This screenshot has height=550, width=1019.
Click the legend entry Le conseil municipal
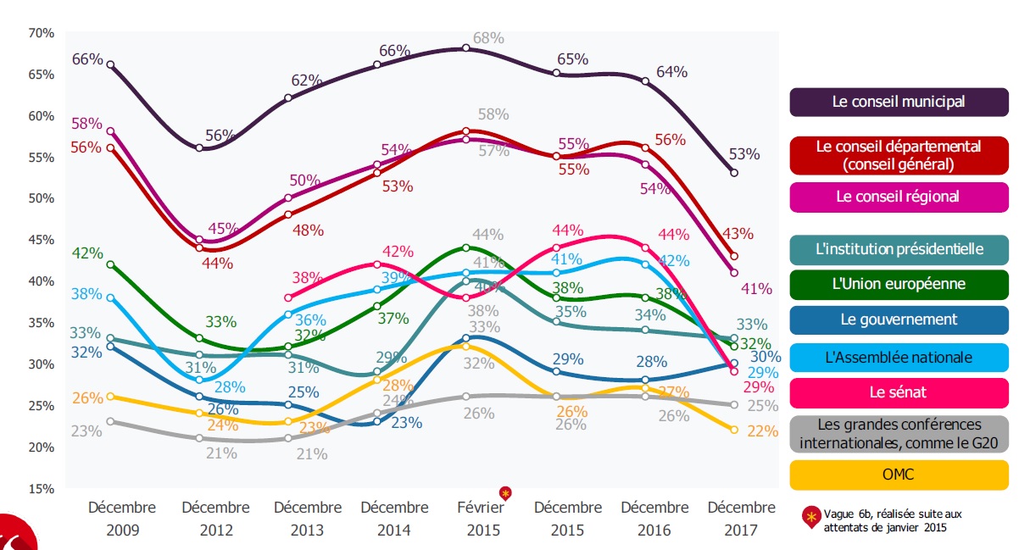coord(899,102)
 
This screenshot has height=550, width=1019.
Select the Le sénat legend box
coord(899,392)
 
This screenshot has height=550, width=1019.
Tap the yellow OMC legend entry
coord(899,475)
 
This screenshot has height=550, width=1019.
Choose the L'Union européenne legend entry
coord(899,284)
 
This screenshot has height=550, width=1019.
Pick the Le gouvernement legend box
coord(899,319)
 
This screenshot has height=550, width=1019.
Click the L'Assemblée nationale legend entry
coord(899,357)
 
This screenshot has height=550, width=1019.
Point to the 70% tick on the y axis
coord(41,33)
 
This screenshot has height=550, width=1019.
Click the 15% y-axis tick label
coord(41,489)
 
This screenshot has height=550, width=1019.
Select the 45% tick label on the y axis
coord(41,240)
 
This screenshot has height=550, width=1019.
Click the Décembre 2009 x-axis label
coord(122,518)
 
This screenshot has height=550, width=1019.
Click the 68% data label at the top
coord(489,38)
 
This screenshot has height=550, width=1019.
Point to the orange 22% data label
coord(762,431)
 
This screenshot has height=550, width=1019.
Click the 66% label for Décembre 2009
coord(87,59)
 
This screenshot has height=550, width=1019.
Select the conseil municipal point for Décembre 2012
coord(199,148)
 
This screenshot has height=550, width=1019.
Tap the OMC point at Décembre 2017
coord(734,431)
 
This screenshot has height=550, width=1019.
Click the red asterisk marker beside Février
coord(506,493)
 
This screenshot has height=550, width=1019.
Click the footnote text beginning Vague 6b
coord(883,519)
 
